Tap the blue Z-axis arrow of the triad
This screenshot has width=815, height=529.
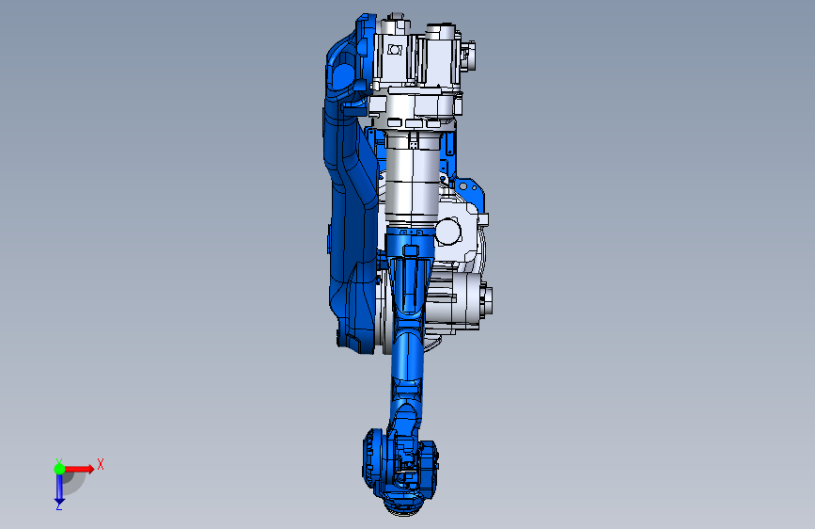tap(59, 488)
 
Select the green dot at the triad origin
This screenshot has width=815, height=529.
tap(59, 469)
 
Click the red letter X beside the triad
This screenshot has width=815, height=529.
tap(101, 464)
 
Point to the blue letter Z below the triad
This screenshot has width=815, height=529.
tap(59, 506)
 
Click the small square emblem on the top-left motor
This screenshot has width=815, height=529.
tap(395, 50)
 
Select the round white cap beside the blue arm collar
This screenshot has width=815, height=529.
tap(448, 232)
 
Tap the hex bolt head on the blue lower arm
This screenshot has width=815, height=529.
tap(411, 251)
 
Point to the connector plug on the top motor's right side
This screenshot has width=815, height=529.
tap(468, 56)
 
